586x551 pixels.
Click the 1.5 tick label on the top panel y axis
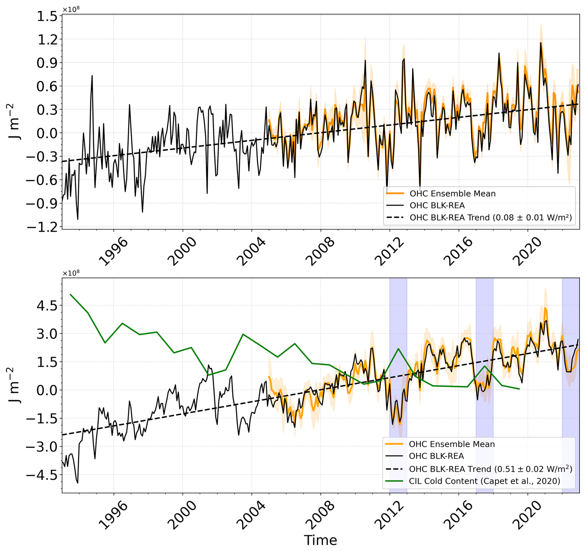tap(47, 16)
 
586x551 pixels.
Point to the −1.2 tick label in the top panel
tap(42, 227)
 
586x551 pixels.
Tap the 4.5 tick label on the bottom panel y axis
tap(47, 306)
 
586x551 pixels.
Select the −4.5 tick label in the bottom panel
tap(42, 475)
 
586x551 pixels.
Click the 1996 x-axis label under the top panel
tap(113, 252)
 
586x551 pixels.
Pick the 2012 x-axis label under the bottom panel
tap(389, 515)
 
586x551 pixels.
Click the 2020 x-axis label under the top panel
tap(527, 252)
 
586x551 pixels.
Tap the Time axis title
tap(320, 540)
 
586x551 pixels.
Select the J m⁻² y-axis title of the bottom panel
tap(14, 385)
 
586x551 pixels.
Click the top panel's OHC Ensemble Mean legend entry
tap(452, 194)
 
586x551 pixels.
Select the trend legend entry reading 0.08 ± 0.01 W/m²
tap(490, 218)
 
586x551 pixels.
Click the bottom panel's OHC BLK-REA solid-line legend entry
tap(436, 456)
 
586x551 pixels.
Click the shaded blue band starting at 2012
tap(398, 310)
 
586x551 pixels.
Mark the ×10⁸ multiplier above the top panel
tap(71, 9)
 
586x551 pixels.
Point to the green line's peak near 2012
tap(398, 349)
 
